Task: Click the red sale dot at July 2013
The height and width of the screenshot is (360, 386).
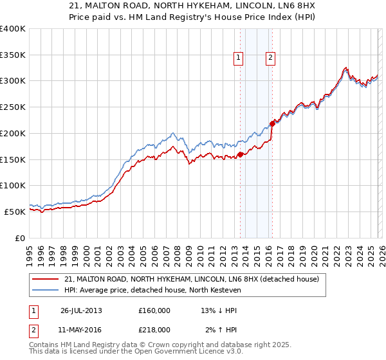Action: [x=240, y=154]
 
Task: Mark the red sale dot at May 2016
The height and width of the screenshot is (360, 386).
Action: [x=272, y=124]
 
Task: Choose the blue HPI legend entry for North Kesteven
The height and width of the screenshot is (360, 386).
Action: [x=152, y=291]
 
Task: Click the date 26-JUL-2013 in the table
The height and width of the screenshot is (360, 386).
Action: [x=81, y=310]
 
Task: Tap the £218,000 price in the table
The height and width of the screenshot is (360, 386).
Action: [x=154, y=329]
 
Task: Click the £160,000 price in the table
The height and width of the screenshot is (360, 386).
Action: [x=154, y=310]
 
